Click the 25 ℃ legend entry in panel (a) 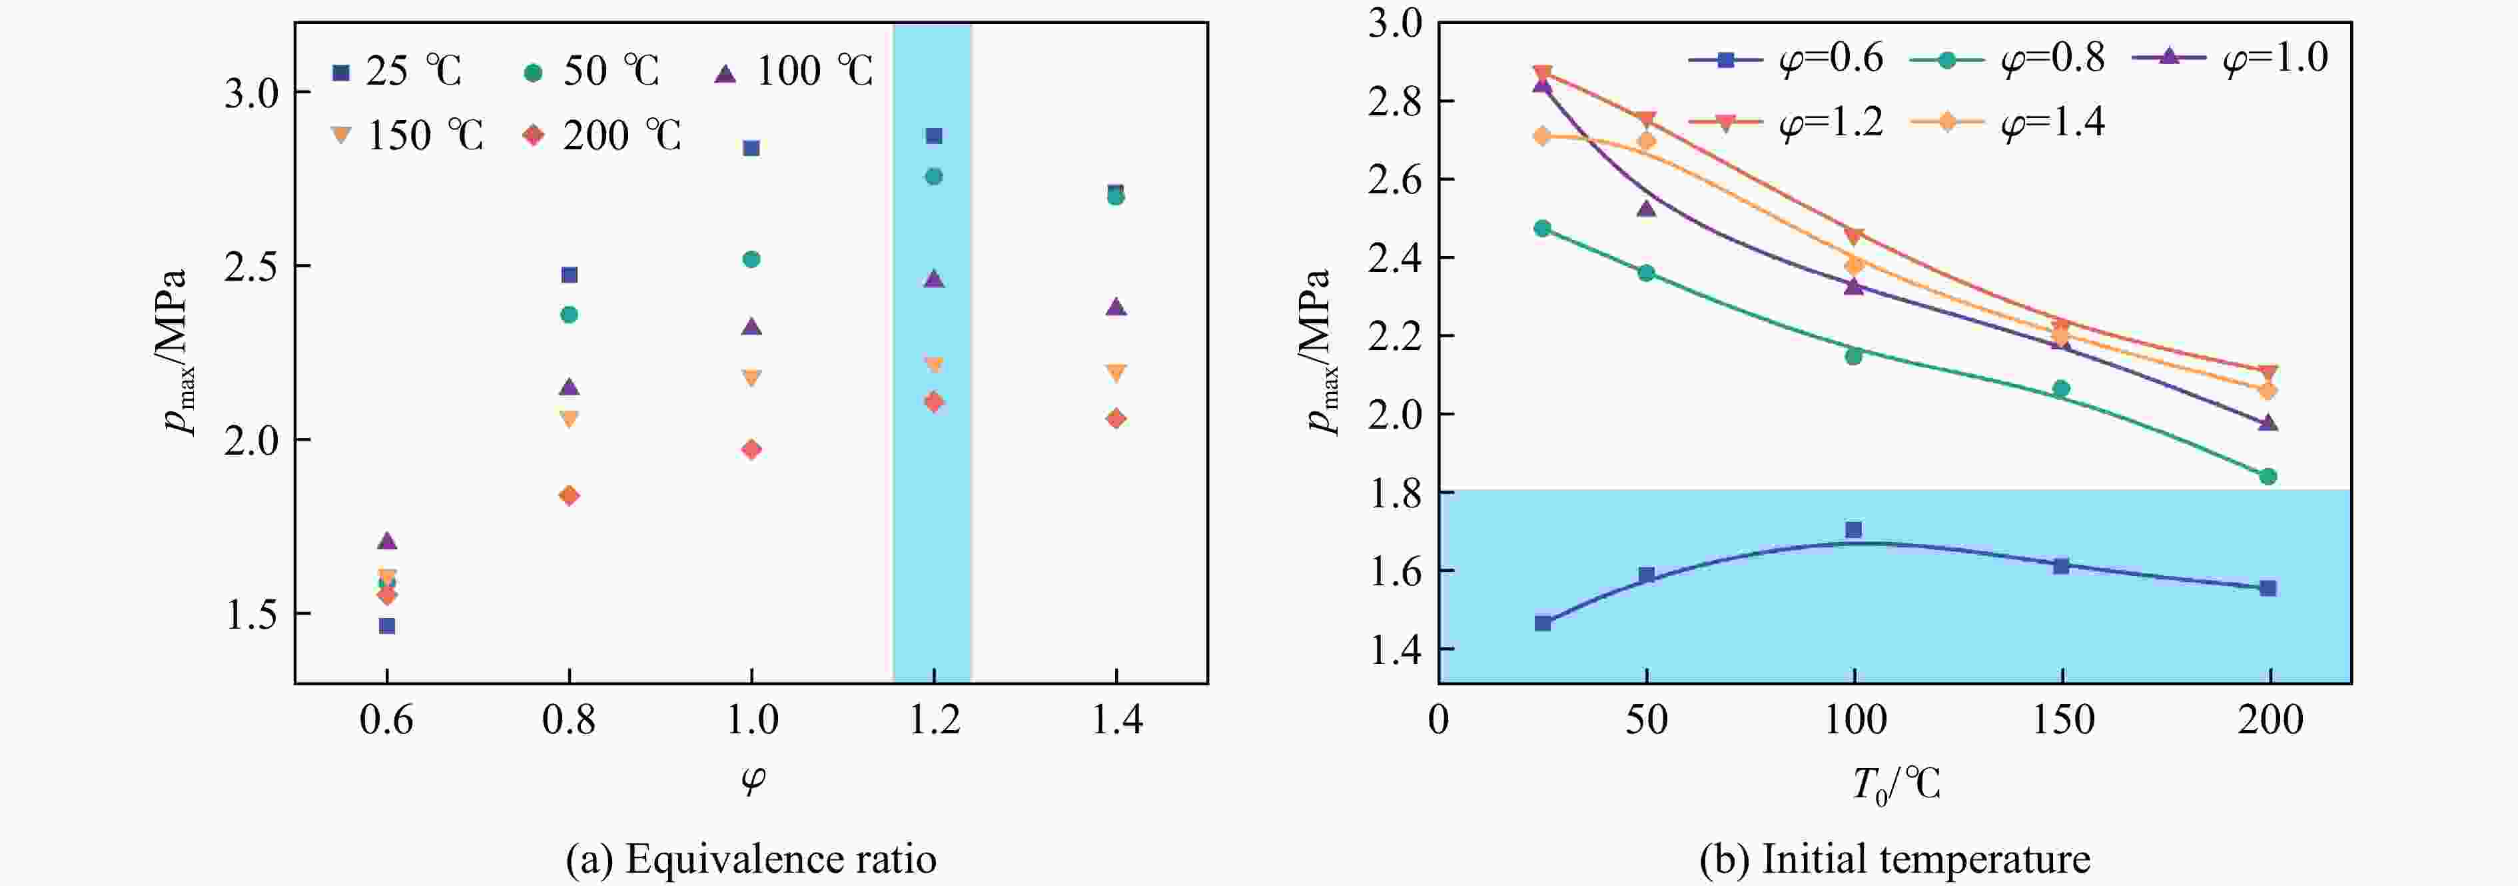(x=396, y=71)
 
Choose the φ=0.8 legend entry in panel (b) (x=2008, y=59)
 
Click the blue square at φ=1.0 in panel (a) (x=751, y=149)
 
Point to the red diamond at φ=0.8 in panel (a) (x=569, y=496)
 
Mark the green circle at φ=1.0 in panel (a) (x=751, y=259)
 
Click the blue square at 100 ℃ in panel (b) (x=1853, y=530)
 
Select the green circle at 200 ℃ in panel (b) (x=2268, y=476)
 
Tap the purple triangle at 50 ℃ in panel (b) (x=1646, y=208)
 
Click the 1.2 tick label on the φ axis (x=933, y=721)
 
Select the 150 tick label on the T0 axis (x=2062, y=721)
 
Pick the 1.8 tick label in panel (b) (x=1395, y=493)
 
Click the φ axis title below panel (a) (x=751, y=779)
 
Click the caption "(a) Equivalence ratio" (x=751, y=859)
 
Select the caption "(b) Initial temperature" (x=1894, y=859)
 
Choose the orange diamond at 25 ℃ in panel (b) (x=1543, y=136)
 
